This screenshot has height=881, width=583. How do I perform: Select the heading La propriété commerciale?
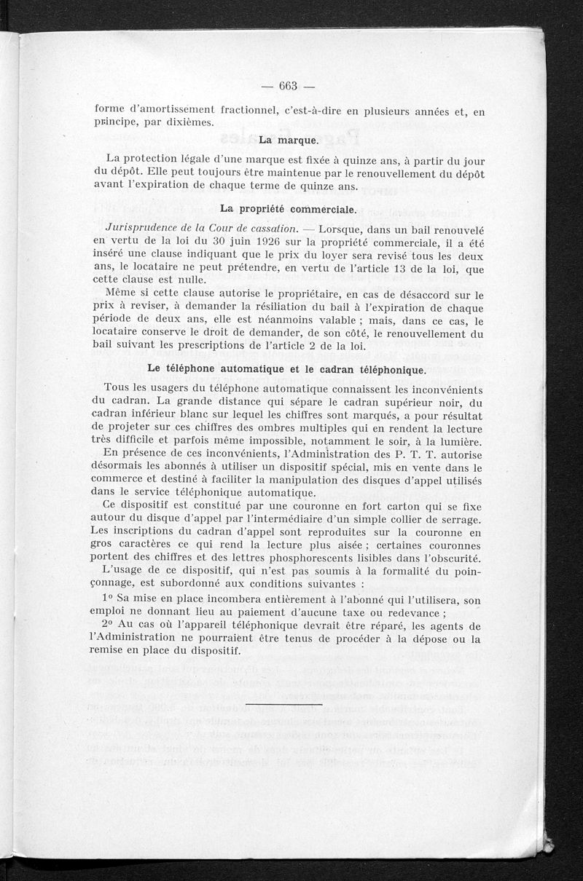[x=288, y=209]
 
